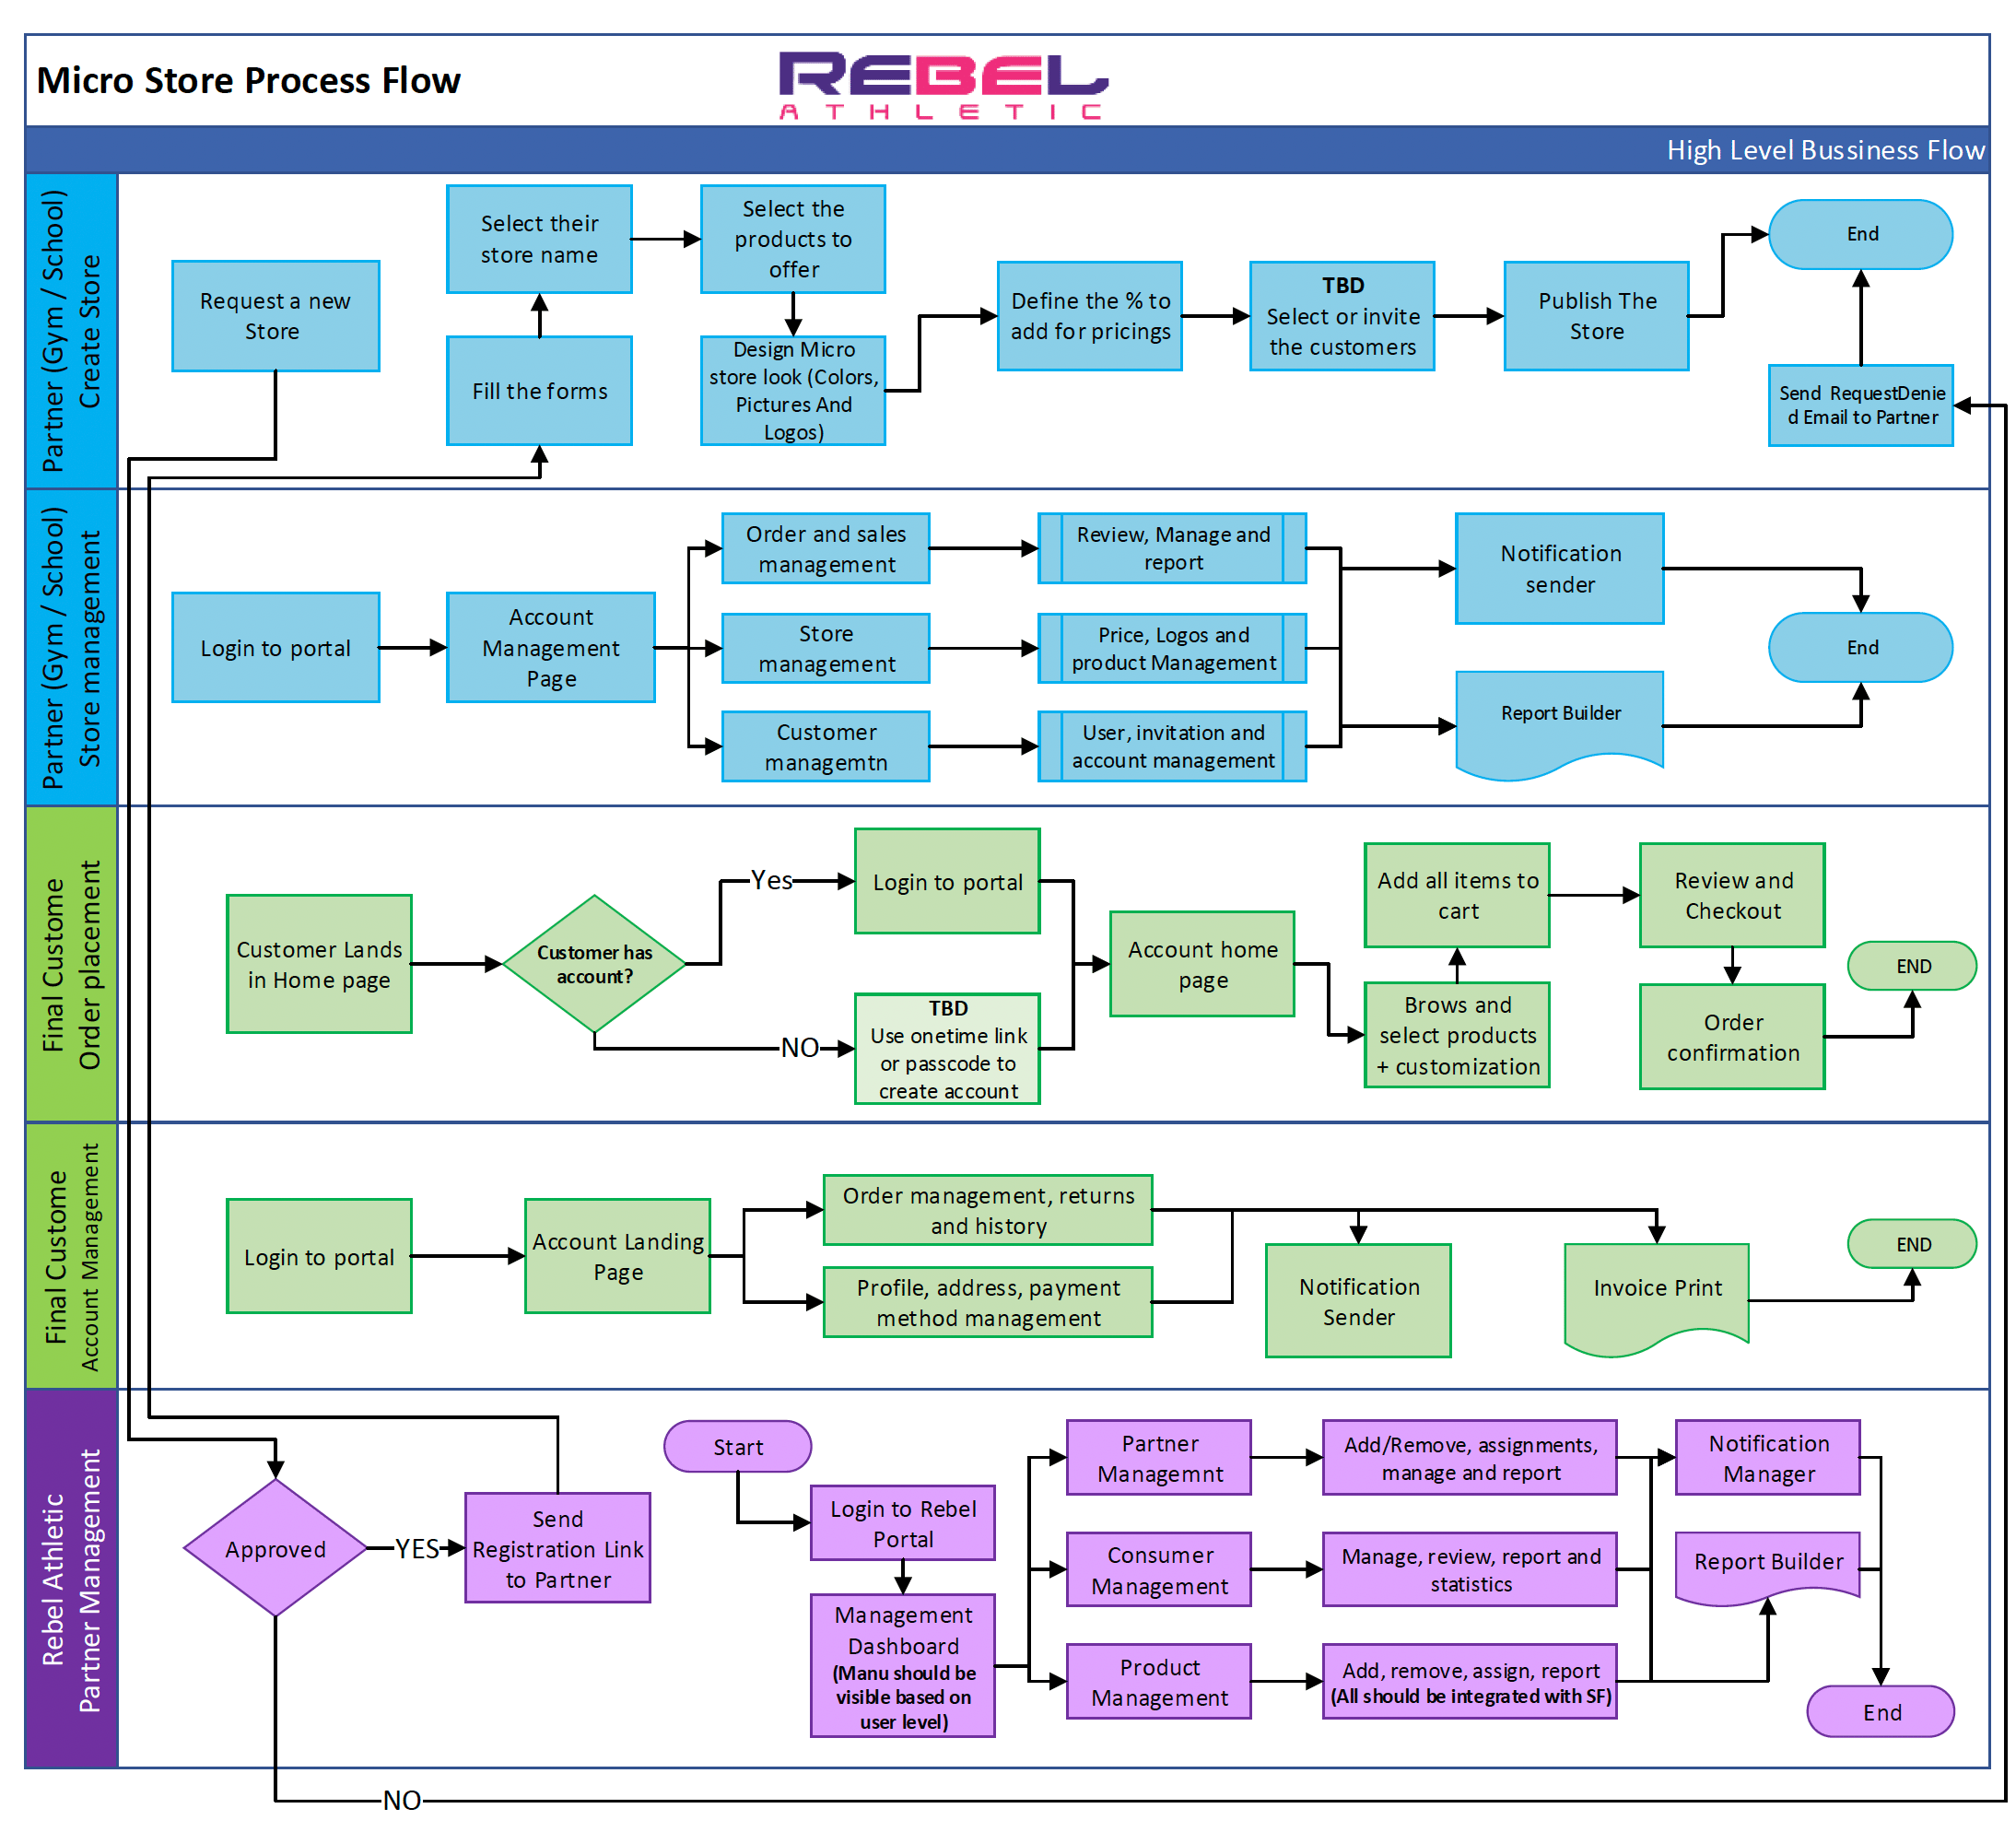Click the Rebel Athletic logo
(942, 86)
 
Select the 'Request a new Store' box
(275, 316)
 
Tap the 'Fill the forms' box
(539, 391)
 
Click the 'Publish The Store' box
(1596, 316)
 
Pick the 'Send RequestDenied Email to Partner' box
(1860, 405)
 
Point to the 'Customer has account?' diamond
(594, 964)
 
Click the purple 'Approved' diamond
(275, 1549)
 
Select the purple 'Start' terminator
(737, 1447)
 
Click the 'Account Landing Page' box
(618, 1256)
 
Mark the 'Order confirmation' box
(1732, 1037)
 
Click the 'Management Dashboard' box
(902, 1665)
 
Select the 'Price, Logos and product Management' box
(1172, 648)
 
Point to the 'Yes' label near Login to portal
(771, 880)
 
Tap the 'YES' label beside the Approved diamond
(416, 1549)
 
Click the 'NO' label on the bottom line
(401, 1801)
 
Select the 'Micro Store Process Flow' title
(248, 80)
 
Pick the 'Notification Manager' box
(1767, 1458)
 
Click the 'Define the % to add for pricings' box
(1089, 316)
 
